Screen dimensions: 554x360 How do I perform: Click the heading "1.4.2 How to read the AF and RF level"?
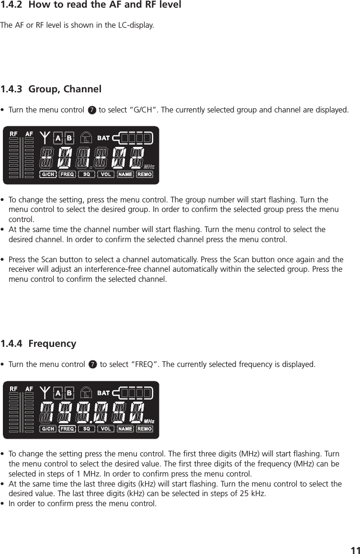pyautogui.click(x=90, y=6)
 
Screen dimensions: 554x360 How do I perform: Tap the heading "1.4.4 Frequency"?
pyautogui.click(x=38, y=343)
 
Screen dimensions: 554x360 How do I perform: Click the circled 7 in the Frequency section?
pyautogui.click(x=93, y=366)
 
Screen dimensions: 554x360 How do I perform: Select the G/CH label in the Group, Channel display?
pyautogui.click(x=48, y=175)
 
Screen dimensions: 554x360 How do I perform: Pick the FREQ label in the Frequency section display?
pyautogui.click(x=67, y=429)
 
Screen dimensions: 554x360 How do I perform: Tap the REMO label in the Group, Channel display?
pyautogui.click(x=145, y=175)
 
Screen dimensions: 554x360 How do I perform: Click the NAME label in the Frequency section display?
pyautogui.click(x=125, y=429)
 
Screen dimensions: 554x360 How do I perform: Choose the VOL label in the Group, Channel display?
pyautogui.click(x=106, y=175)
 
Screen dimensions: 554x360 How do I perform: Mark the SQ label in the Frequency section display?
pyautogui.click(x=87, y=429)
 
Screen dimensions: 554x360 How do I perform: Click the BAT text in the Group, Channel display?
pyautogui.click(x=104, y=138)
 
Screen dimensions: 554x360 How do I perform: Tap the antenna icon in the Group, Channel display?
pyautogui.click(x=45, y=138)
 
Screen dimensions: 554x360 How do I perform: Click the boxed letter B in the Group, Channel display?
pyautogui.click(x=69, y=138)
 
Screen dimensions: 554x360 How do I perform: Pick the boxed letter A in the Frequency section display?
pyautogui.click(x=58, y=392)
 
